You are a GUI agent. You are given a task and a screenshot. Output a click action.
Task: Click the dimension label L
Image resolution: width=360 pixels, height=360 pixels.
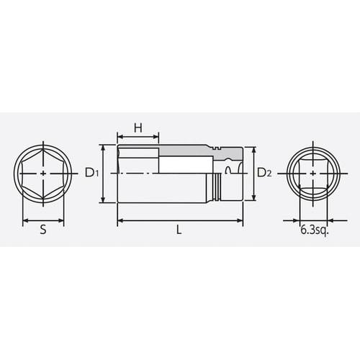pyautogui.click(x=179, y=230)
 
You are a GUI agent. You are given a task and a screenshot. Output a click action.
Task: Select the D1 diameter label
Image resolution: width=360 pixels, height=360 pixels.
pyautogui.click(x=90, y=173)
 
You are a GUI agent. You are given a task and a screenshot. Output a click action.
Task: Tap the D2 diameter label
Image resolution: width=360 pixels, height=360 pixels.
pyautogui.click(x=264, y=173)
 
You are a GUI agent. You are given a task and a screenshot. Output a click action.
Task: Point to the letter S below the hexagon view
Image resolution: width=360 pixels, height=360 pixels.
pyautogui.click(x=43, y=230)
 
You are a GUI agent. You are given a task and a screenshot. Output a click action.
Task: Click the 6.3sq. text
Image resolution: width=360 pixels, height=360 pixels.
pyautogui.click(x=312, y=232)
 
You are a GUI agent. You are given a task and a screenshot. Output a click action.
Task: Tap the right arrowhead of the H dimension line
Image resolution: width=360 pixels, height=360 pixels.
pyautogui.click(x=156, y=136)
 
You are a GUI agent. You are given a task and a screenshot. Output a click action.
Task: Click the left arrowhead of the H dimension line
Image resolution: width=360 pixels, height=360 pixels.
pyautogui.click(x=118, y=136)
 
